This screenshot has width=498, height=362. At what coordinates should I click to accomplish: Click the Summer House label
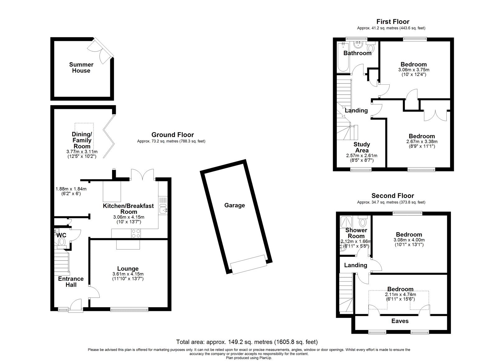tap(81, 68)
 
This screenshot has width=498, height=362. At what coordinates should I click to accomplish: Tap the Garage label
tap(234, 205)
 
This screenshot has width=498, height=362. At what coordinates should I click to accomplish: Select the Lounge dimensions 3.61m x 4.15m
tap(128, 274)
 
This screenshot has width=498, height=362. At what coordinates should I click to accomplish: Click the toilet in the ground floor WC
tap(62, 242)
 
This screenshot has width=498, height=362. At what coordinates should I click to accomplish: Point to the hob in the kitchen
tap(136, 233)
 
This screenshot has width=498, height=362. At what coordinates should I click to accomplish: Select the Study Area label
tap(362, 147)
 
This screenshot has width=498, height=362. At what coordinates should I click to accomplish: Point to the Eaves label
tap(400, 321)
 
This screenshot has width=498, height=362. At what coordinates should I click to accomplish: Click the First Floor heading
tap(393, 21)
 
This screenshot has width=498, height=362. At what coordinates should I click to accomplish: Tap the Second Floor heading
tap(393, 196)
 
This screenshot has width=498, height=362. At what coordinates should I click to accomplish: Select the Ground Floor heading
tap(172, 135)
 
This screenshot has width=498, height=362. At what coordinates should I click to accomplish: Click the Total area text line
tap(247, 342)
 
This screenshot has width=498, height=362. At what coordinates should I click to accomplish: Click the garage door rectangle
tap(249, 264)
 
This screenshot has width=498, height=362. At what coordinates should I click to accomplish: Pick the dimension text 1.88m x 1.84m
tap(71, 189)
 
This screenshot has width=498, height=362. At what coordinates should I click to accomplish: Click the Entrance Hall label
tap(71, 282)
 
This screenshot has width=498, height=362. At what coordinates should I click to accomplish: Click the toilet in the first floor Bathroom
tap(370, 49)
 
